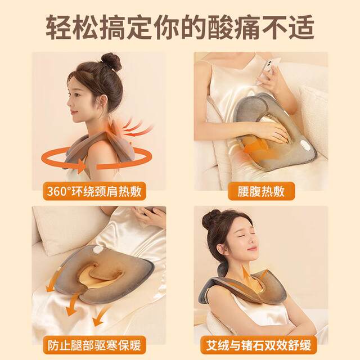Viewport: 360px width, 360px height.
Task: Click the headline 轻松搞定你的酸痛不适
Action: point(180,26)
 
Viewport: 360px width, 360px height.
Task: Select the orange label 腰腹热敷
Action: point(261,191)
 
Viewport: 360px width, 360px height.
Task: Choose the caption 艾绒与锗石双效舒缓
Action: point(262,343)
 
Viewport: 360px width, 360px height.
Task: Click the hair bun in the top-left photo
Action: point(111,61)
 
